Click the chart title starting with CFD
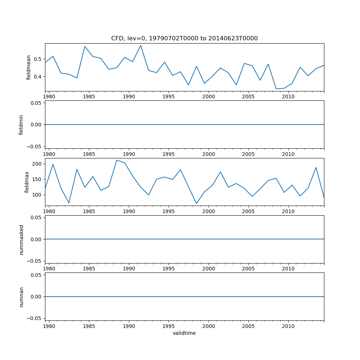coord(184,39)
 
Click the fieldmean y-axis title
coord(29,67)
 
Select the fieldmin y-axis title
coord(21,125)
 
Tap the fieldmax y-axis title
coord(27,182)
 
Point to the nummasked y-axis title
coord(21,239)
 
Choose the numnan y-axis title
coord(21,297)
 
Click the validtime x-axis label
coord(184,333)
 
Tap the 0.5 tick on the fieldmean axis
coord(38,59)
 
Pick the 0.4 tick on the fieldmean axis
coord(38,77)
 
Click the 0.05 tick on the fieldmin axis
coord(35,103)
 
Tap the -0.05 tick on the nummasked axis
coord(34,261)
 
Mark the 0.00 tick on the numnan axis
coord(35,297)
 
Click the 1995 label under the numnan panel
coord(168,326)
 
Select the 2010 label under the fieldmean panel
coord(288,96)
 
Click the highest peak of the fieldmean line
coord(140,45)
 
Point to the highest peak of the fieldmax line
coord(117,160)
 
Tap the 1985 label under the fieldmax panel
coord(89,211)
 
